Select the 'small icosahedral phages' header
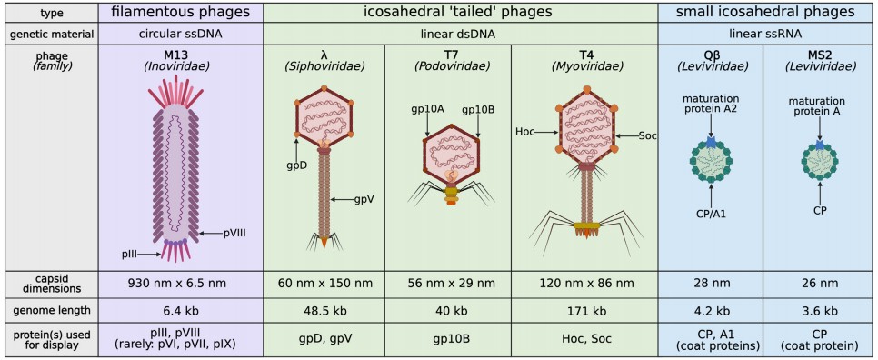[x=766, y=13]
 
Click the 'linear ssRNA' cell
[x=766, y=34]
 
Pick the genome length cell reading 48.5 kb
[x=324, y=309]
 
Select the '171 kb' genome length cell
[x=584, y=309]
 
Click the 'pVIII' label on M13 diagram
[x=234, y=233]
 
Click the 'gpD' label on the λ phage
[x=295, y=166]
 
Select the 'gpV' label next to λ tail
[x=365, y=198]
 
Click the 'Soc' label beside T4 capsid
[x=647, y=135]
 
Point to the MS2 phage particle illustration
[x=820, y=159]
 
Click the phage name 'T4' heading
[x=584, y=53]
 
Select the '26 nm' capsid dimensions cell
[x=820, y=283]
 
